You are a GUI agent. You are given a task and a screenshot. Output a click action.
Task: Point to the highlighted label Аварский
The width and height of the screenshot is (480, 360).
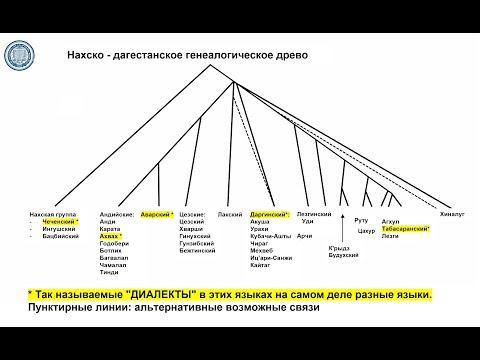155,214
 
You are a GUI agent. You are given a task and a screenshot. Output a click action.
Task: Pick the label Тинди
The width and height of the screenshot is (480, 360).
111,272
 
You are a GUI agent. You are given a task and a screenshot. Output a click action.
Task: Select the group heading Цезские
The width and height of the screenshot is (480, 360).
194,214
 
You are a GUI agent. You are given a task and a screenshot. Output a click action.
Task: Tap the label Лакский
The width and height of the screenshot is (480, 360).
229,214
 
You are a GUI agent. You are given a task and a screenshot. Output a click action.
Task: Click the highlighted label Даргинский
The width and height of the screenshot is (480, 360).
271,214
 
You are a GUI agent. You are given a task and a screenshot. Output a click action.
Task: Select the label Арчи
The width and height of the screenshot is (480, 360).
306,236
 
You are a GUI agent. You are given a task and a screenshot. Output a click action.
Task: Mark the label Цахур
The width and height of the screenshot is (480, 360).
366,231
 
